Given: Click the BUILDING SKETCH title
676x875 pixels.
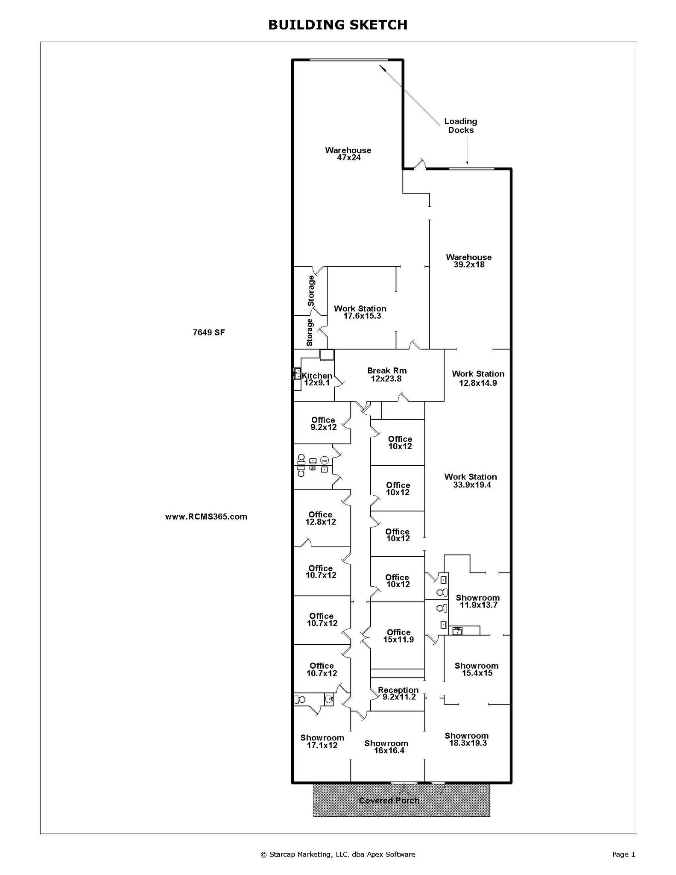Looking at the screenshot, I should [337, 25].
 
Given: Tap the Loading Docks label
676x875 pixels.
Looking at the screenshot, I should [460, 126].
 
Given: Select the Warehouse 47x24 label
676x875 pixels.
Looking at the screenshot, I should [348, 154].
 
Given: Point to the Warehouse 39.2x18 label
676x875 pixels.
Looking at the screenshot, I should [468, 261].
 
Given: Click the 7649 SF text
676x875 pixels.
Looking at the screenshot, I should [208, 332].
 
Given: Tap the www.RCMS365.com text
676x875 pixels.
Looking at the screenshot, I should [206, 517].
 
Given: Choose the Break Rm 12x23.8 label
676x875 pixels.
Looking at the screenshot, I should [386, 375].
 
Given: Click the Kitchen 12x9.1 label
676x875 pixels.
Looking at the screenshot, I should [317, 379].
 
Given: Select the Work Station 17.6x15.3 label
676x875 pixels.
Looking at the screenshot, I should [360, 312].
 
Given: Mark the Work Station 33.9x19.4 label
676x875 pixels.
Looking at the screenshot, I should [471, 481].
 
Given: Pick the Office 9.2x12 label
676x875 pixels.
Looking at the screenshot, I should [323, 423].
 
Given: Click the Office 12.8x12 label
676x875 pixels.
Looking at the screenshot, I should [320, 518].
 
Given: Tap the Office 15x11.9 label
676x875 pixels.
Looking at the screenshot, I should [398, 636].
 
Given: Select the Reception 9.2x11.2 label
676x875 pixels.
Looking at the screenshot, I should [398, 693].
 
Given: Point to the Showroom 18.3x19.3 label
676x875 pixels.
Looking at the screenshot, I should [467, 739].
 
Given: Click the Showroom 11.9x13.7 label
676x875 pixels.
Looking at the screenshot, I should [477, 601].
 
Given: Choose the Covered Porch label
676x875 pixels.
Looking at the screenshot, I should [389, 801].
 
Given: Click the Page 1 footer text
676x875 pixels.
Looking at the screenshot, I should [623, 854].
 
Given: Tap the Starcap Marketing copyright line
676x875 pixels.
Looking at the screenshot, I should [337, 854].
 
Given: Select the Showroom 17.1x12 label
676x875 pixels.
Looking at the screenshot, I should [322, 741].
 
